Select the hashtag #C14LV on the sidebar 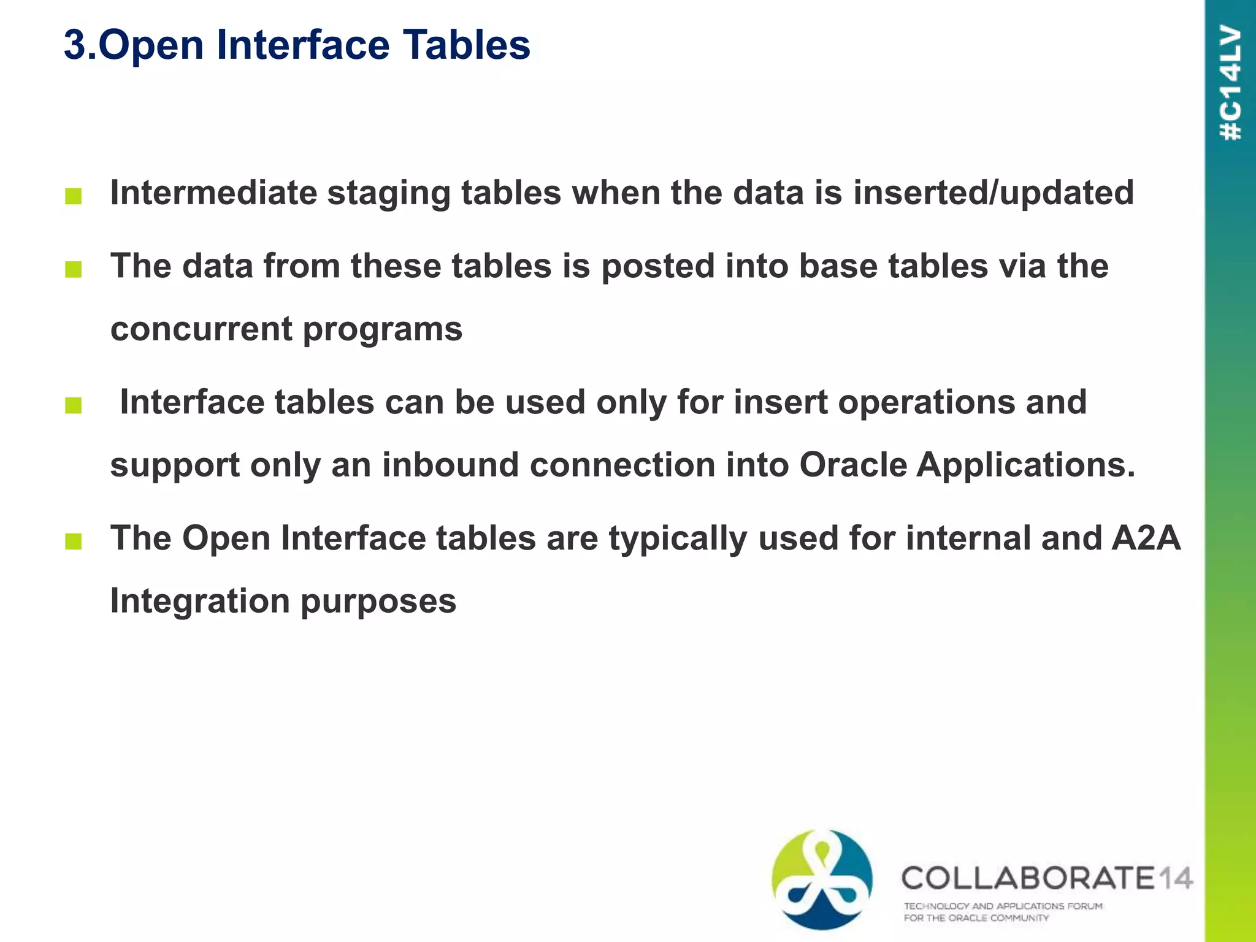[1231, 83]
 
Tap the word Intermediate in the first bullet [213, 193]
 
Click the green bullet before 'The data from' [73, 269]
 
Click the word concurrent [201, 329]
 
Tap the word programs [383, 331]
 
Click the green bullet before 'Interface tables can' [73, 405]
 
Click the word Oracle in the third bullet [852, 465]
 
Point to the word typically [678, 540]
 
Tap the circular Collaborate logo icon [822, 880]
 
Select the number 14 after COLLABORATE [1176, 878]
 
